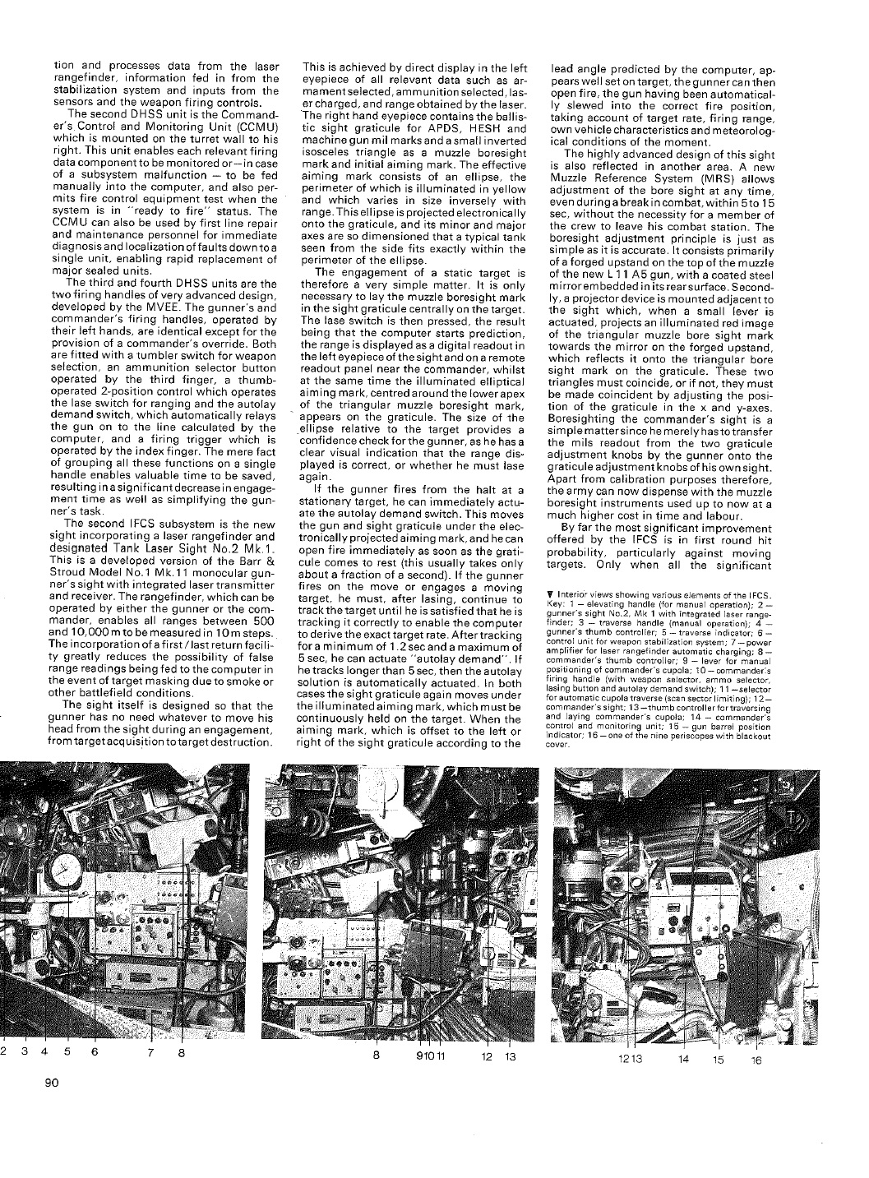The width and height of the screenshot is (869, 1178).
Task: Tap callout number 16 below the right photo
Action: [x=756, y=1060]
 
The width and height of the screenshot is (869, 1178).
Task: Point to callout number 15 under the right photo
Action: [x=718, y=1060]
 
